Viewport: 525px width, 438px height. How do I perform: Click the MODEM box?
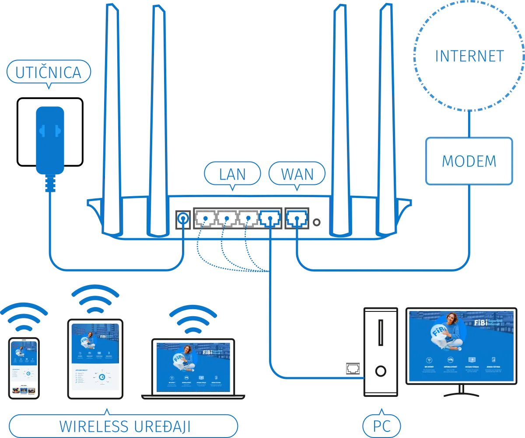(469, 161)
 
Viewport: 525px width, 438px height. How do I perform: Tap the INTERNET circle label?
(469, 57)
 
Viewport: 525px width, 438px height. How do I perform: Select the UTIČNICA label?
(49, 73)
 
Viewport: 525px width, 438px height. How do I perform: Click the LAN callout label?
(232, 174)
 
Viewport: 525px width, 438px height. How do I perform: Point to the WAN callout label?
(297, 174)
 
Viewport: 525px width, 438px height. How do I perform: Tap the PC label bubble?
(382, 426)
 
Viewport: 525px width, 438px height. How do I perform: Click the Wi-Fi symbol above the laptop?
(193, 318)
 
